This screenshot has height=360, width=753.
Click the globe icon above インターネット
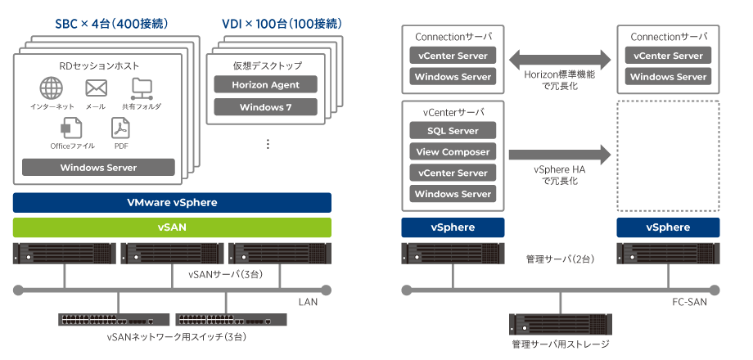[51, 88]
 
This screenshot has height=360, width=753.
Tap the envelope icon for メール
[97, 88]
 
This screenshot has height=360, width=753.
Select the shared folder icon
[142, 89]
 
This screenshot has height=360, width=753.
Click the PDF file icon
[121, 128]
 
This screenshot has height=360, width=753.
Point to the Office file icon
[71, 128]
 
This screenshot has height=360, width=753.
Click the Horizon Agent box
[265, 84]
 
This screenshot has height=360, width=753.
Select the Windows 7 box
[265, 107]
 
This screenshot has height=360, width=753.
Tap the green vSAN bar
[172, 227]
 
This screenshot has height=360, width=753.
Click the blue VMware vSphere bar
[172, 203]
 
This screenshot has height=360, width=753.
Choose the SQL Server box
[453, 131]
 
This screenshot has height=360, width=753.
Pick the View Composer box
[453, 151]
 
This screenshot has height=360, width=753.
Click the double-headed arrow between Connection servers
[560, 59]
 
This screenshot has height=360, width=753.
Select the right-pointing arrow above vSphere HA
[560, 155]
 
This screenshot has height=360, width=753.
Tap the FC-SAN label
[689, 303]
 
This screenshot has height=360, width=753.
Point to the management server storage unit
[560, 324]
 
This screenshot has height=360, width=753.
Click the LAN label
[308, 303]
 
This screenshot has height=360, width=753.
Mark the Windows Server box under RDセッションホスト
[98, 168]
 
